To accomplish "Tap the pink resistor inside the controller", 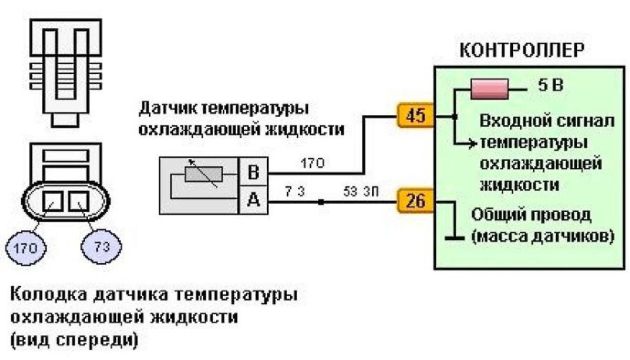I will point(489,89).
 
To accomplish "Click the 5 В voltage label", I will point(550,85).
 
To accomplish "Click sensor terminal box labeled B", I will point(253,172).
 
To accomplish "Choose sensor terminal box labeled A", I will point(253,200).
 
